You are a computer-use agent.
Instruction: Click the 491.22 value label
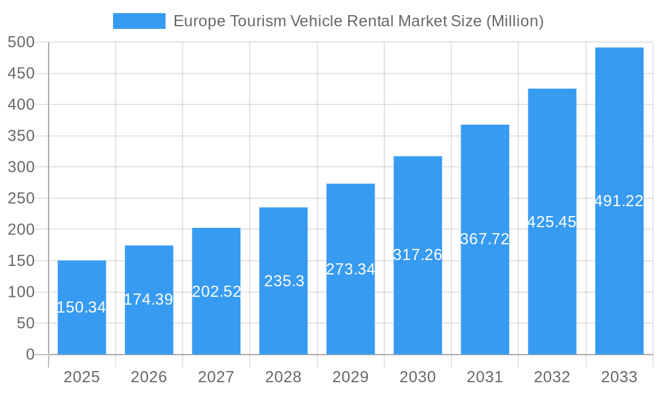coord(619,202)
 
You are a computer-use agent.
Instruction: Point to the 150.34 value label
coord(81,307)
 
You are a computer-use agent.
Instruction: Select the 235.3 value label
coord(284,281)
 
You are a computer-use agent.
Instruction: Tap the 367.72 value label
coord(485,239)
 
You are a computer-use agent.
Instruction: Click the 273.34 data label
coord(351,269)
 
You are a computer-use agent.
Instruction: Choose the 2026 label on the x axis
coord(149,377)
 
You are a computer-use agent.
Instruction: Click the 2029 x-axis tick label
coord(351,377)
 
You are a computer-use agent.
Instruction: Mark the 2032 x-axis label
coord(552,377)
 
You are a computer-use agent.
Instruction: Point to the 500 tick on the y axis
coord(21,43)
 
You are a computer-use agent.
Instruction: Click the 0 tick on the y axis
coord(30,355)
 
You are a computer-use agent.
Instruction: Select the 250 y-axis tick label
coord(21,198)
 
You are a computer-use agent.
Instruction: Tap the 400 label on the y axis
coord(21,105)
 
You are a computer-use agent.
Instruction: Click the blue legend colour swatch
coord(139,21)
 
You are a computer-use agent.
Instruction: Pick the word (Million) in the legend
coord(514,21)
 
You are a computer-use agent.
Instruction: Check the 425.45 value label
coord(552,222)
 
